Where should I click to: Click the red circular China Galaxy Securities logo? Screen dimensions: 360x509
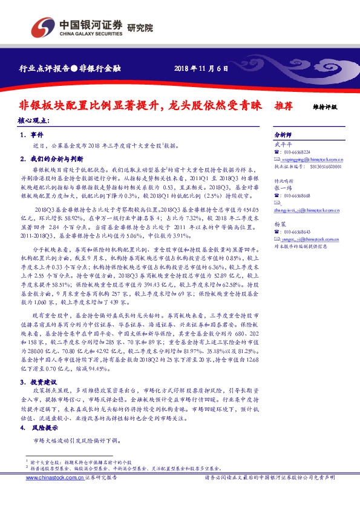(x=42, y=28)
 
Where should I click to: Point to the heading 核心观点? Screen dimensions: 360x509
(x=34, y=120)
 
